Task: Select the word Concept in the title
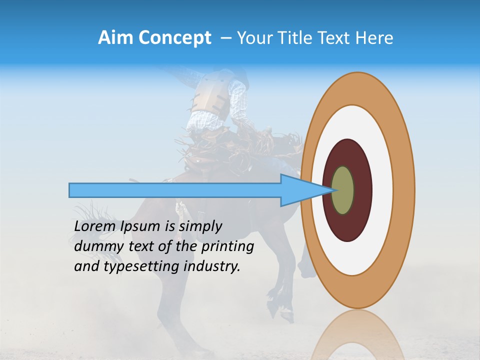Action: (x=175, y=38)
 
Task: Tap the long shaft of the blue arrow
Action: (x=175, y=190)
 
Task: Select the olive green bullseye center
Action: (x=343, y=190)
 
